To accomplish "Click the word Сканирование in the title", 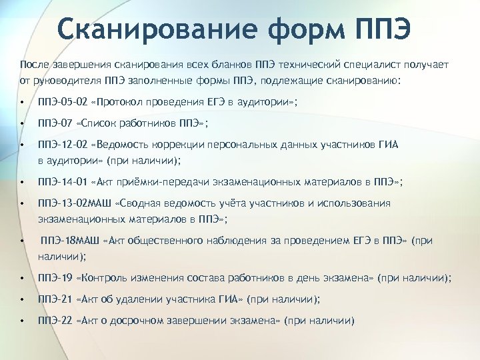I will (x=153, y=29).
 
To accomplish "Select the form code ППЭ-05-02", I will (x=63, y=103).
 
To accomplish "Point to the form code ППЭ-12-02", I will (x=63, y=144).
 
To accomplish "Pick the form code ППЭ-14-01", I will (x=63, y=182).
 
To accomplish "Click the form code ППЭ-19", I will (x=54, y=277).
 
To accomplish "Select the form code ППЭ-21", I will (x=54, y=299).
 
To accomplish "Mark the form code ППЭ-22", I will (x=54, y=320).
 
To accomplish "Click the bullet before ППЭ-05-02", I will (x=23, y=103).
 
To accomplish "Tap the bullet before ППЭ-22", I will (x=23, y=321).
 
